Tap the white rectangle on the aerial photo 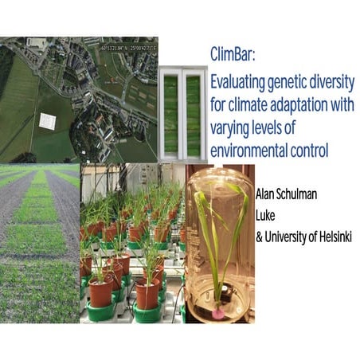[49, 121]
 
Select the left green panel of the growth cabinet [172, 114]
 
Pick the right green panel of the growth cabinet [194, 114]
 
